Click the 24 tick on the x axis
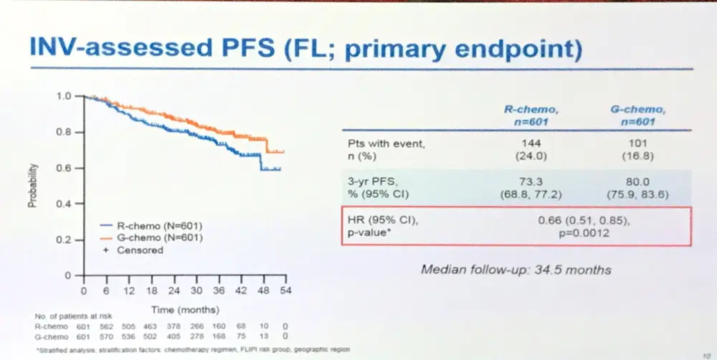[174, 291]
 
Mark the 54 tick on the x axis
[285, 291]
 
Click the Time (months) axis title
[184, 308]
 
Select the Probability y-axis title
[33, 186]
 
